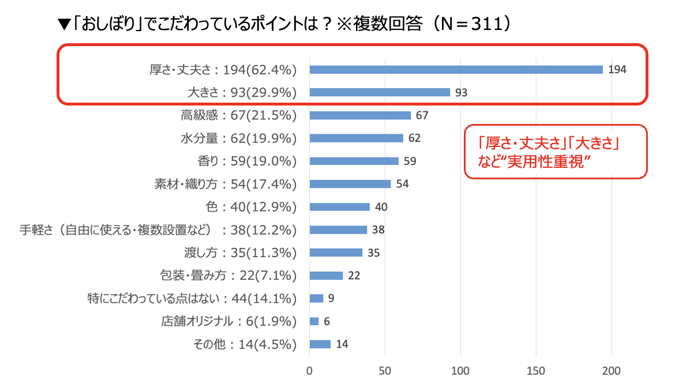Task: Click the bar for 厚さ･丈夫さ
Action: [456, 70]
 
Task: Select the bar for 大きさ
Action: [380, 92]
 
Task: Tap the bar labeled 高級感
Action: [360, 115]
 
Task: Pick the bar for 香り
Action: [354, 161]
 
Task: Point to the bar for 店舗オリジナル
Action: [314, 321]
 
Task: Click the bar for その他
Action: [320, 344]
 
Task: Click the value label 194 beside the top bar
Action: [617, 70]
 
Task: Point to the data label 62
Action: [415, 138]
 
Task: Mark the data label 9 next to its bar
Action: [331, 299]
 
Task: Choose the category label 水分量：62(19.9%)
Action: [238, 138]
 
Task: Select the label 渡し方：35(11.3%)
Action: [238, 253]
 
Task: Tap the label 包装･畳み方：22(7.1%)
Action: [227, 276]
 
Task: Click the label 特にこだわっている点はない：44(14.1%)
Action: [192, 299]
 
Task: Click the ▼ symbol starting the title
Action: [63, 25]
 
